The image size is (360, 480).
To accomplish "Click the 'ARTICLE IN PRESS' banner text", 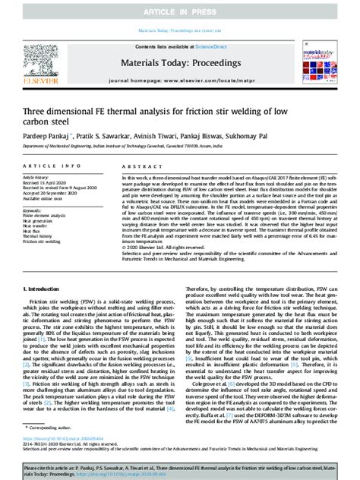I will point(179,9).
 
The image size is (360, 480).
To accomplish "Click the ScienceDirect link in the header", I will point(206,48).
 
